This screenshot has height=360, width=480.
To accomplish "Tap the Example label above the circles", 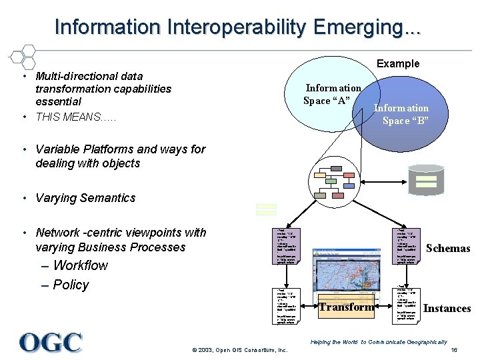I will pyautogui.click(x=398, y=64).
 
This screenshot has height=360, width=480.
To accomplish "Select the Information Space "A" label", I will pyautogui.click(x=333, y=94).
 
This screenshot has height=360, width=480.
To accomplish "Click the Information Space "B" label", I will pyautogui.click(x=401, y=114).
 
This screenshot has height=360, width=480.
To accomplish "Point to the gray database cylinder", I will pyautogui.click(x=426, y=179).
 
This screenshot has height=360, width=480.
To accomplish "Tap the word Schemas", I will pyautogui.click(x=448, y=248).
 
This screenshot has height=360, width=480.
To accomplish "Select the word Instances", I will pyautogui.click(x=447, y=308).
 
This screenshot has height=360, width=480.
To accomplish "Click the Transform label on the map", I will pyautogui.click(x=346, y=307).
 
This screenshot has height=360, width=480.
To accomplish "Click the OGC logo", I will pyautogui.click(x=51, y=342).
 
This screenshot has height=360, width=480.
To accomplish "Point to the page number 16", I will pyautogui.click(x=453, y=350).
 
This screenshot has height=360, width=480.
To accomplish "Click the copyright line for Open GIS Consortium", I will pyautogui.click(x=239, y=350).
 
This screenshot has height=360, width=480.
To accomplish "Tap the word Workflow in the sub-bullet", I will pyautogui.click(x=80, y=265).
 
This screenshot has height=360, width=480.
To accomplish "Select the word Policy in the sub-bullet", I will pyautogui.click(x=71, y=285).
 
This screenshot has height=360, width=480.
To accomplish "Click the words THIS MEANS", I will pyautogui.click(x=67, y=117).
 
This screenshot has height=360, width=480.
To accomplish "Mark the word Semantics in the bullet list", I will pyautogui.click(x=107, y=198).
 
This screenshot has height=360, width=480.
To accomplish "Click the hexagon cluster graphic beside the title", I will pyautogui.click(x=23, y=57).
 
